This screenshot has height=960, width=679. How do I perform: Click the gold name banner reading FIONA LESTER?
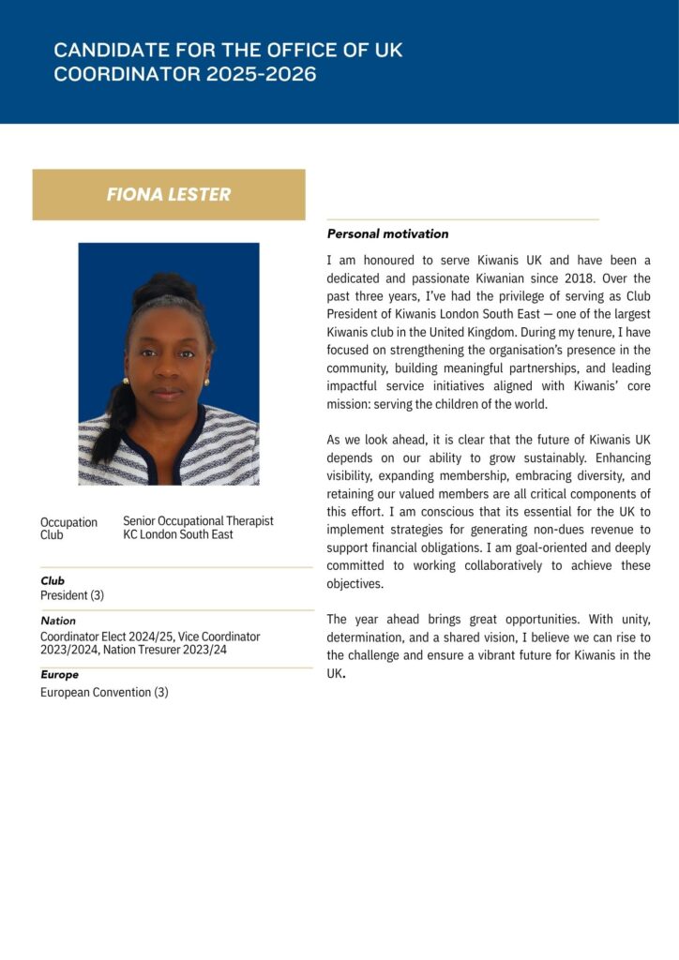pos(169,195)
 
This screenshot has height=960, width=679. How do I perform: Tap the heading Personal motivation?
pos(387,233)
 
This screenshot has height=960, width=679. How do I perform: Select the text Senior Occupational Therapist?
pos(198,520)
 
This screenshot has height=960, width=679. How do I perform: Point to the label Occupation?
pos(68,522)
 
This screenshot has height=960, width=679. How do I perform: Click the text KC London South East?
pos(178,534)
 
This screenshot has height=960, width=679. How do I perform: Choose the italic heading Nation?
pos(58,621)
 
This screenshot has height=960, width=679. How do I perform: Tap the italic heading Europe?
pos(59,674)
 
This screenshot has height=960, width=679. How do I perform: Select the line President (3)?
pos(72,595)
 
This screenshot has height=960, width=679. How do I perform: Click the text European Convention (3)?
pos(104,692)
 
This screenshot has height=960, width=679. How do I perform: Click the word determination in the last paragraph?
pos(369,637)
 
